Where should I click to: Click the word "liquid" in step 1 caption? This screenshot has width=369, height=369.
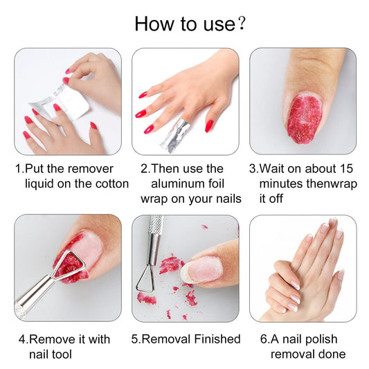(x=42, y=183)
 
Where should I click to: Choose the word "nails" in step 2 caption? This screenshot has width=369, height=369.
(x=223, y=199)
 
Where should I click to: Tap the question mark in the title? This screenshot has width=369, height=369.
(x=241, y=24)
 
